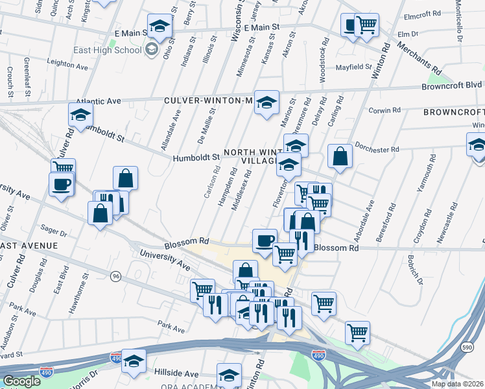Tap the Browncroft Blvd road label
pos(451,85)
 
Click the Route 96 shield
pos(116,276)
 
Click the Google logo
pos(21,381)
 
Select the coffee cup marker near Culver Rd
pos(62,185)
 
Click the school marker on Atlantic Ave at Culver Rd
pos(80,115)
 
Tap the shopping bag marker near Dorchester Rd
pos(340,156)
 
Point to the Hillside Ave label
pos(176,373)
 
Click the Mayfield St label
pos(353,66)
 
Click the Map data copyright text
pos(457,384)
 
